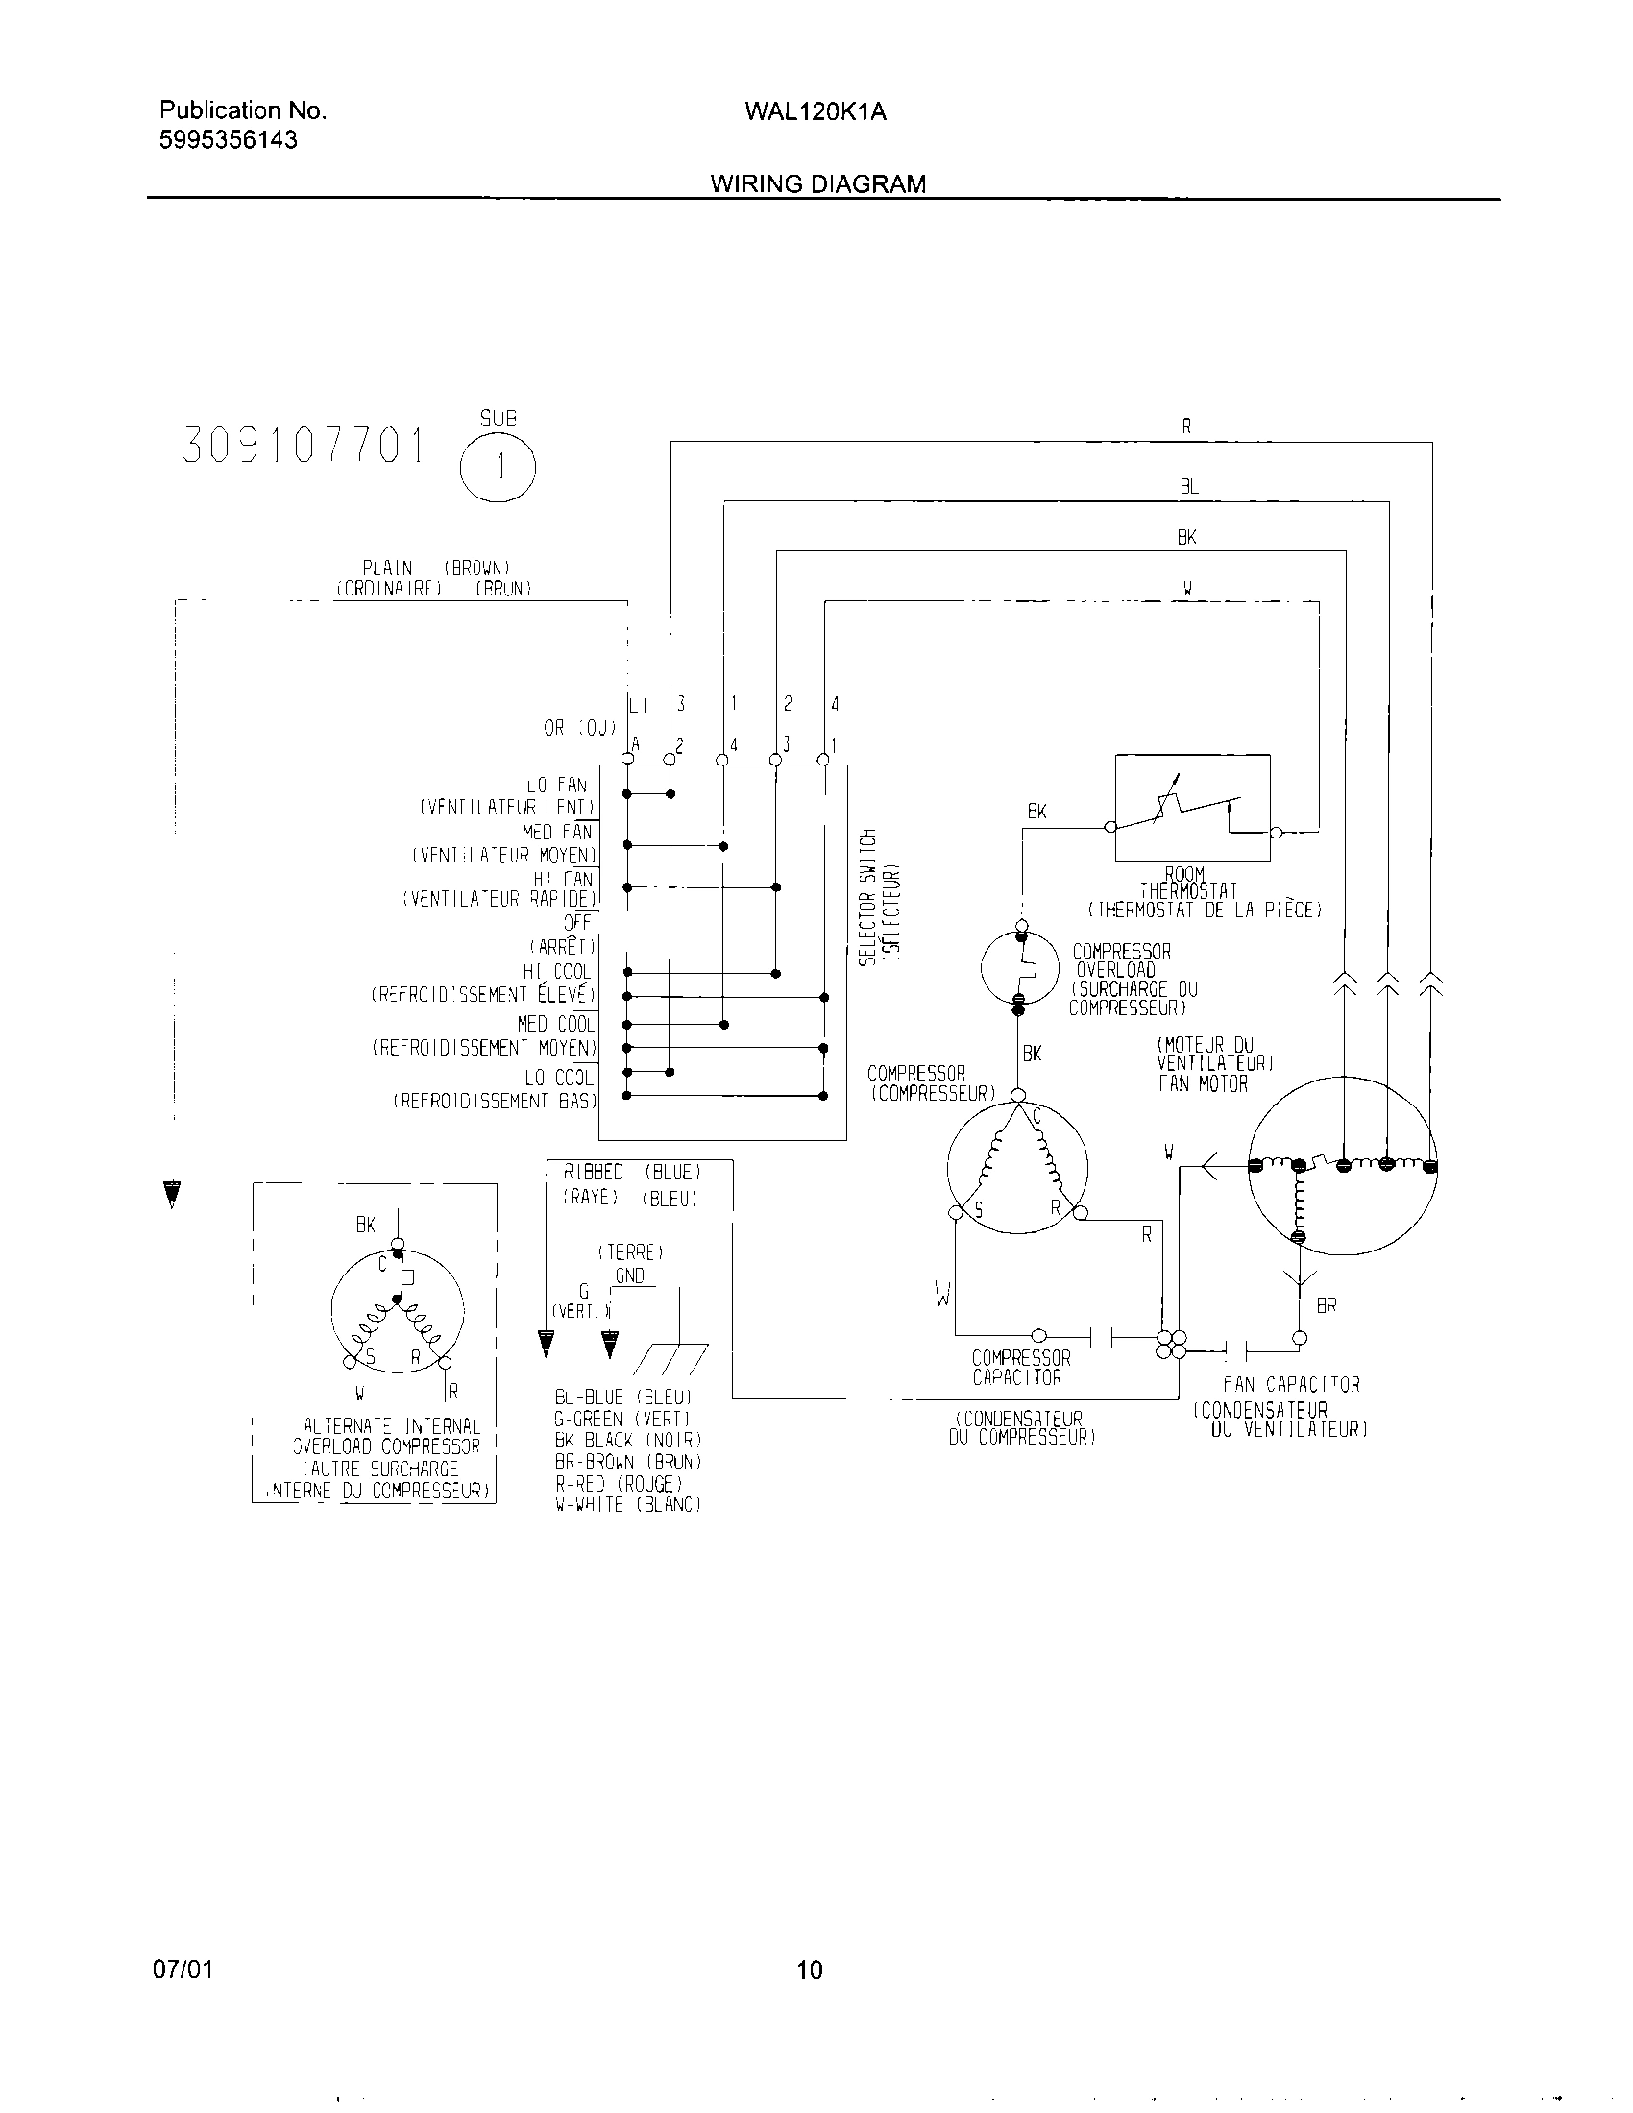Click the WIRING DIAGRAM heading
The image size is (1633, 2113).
[817, 183]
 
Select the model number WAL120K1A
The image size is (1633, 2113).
[816, 112]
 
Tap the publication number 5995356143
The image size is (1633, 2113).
[229, 140]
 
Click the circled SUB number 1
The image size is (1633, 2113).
[499, 468]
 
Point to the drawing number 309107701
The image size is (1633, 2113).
[304, 447]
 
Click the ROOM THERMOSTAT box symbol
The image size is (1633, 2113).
[1192, 808]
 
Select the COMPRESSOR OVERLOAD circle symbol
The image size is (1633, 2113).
[1019, 967]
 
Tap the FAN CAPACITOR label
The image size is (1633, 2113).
[1291, 1385]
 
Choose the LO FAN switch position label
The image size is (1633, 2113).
[557, 787]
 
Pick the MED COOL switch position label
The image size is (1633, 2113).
[555, 1024]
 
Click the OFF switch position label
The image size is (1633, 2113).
[577, 923]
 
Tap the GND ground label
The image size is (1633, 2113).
[630, 1276]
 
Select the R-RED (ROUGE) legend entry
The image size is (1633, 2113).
[620, 1483]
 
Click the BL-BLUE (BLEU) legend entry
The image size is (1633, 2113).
[623, 1397]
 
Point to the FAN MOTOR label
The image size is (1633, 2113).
[1203, 1084]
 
